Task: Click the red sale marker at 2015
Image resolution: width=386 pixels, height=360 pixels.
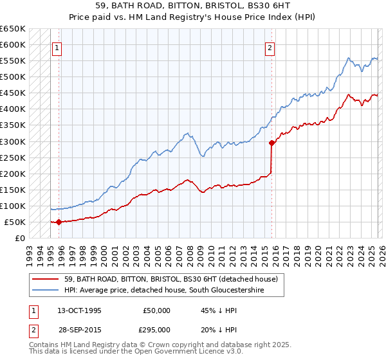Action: (x=271, y=143)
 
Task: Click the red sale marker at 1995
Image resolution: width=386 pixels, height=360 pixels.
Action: (x=59, y=222)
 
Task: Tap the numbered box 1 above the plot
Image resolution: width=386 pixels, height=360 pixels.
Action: (x=57, y=48)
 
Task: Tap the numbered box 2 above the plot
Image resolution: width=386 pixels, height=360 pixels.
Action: (x=270, y=48)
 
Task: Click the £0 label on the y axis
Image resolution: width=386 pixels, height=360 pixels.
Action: (x=21, y=238)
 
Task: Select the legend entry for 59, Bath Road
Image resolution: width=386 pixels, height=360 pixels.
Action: (x=170, y=279)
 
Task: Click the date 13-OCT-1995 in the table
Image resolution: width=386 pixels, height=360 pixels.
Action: (x=79, y=310)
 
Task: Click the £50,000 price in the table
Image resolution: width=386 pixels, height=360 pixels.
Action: (x=156, y=310)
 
